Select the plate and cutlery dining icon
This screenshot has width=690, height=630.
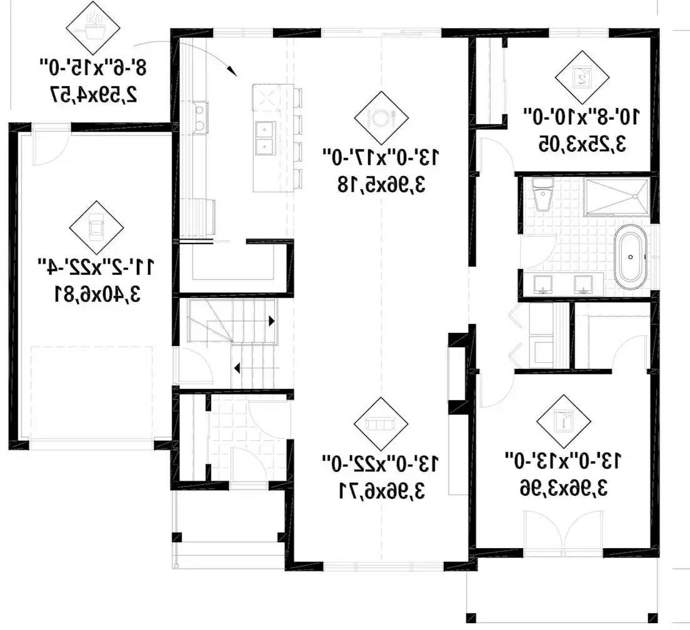click(381, 118)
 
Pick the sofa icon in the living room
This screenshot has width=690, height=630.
click(381, 424)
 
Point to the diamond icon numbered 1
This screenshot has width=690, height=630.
click(563, 421)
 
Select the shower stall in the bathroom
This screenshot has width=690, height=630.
click(616, 197)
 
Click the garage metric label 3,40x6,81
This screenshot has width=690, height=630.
click(97, 293)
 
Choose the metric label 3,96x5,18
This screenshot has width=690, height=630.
click(381, 184)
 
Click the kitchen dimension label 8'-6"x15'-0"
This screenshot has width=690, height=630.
click(93, 67)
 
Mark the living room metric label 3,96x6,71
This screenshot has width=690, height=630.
click(381, 490)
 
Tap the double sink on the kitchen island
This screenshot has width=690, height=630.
click(266, 137)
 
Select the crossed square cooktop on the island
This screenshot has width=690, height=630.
click(267, 97)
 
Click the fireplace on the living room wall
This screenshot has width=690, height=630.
click(457, 373)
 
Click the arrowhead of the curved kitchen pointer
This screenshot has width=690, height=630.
click(231, 70)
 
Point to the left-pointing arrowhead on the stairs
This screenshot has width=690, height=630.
click(237, 368)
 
